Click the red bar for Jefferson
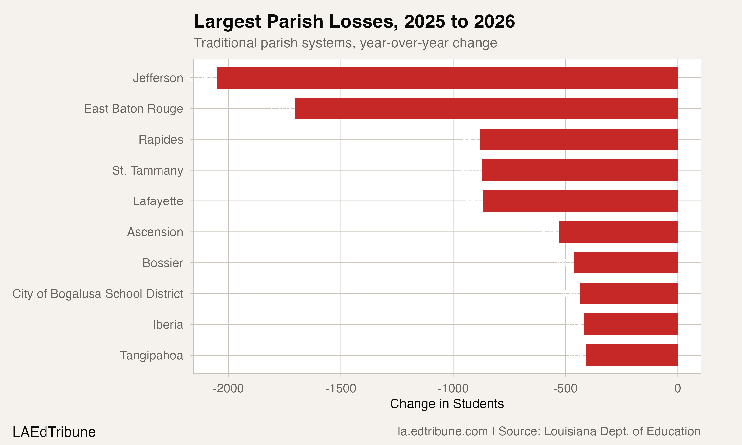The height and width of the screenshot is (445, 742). [447, 78]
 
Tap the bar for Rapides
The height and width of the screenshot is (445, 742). [578, 139]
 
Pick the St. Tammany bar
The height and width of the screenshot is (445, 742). [580, 170]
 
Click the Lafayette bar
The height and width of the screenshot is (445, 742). [580, 201]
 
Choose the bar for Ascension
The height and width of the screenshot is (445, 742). [618, 232]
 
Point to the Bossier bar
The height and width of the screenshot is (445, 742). [626, 263]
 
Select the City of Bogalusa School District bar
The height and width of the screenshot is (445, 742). [629, 293]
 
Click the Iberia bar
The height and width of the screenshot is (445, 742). [630, 324]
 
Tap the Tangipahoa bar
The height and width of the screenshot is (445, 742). [632, 355]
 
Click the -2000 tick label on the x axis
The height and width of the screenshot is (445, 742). [228, 389]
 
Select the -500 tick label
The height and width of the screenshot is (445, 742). [565, 389]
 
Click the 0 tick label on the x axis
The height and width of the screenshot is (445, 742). [677, 389]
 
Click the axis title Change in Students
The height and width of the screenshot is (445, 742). [447, 404]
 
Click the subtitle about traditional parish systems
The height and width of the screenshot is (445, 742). [345, 43]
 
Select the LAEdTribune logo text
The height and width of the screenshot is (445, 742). [54, 432]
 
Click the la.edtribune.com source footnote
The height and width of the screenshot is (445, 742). [549, 431]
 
